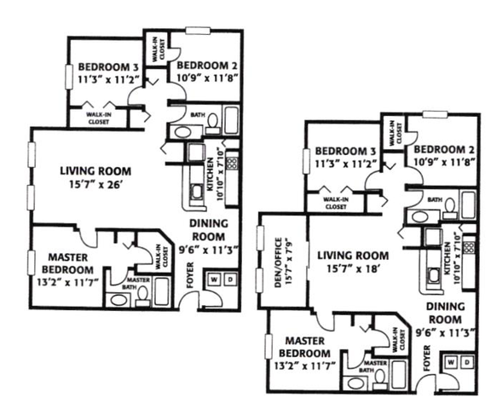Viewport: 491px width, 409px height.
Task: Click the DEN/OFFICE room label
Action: pyautogui.click(x=279, y=262)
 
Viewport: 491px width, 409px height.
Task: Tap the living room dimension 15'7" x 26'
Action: pyautogui.click(x=95, y=185)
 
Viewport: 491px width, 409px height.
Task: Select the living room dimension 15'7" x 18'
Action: pyautogui.click(x=353, y=268)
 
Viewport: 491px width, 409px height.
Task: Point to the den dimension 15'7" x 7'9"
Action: pyautogui.click(x=288, y=262)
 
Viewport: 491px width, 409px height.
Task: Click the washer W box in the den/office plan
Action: pyautogui.click(x=451, y=362)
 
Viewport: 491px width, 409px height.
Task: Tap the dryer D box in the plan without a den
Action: pyautogui.click(x=230, y=279)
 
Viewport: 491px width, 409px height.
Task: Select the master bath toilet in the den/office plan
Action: pyautogui.click(x=380, y=378)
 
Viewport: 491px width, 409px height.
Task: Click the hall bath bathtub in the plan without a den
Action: pyautogui.click(x=231, y=120)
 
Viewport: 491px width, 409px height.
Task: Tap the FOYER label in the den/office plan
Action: pyautogui.click(x=427, y=359)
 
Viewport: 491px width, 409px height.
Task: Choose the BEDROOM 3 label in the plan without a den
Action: pyautogui.click(x=108, y=66)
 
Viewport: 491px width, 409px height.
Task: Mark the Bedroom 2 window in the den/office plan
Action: pyautogui.click(x=435, y=114)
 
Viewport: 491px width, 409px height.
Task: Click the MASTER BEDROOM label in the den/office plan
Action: pyautogui.click(x=304, y=347)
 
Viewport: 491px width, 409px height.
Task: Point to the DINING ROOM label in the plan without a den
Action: pyautogui.click(x=209, y=230)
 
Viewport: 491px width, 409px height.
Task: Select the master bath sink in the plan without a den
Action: pyautogui.click(x=118, y=300)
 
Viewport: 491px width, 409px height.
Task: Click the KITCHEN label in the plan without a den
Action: pyautogui.click(x=210, y=175)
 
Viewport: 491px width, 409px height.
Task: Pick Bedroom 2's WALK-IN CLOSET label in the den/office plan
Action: pyautogui.click(x=396, y=134)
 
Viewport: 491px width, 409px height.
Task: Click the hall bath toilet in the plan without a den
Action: pyautogui.click(x=213, y=123)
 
